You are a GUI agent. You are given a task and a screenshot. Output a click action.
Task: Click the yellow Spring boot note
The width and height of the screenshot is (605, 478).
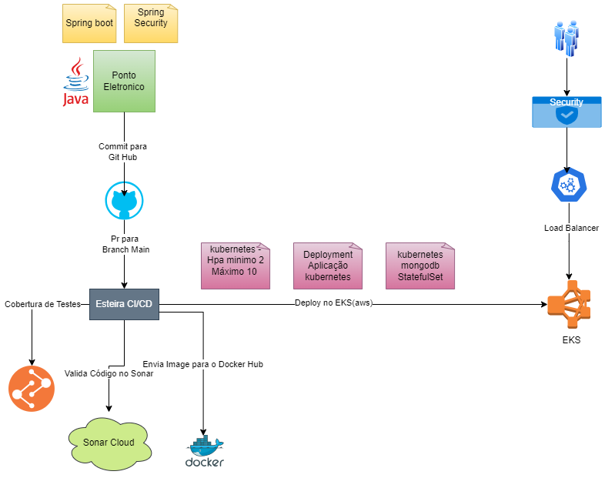[x=89, y=23]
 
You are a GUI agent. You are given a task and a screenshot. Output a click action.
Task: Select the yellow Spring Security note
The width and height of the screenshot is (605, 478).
[x=150, y=23]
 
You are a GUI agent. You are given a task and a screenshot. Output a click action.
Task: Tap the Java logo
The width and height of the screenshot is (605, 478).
[x=75, y=82]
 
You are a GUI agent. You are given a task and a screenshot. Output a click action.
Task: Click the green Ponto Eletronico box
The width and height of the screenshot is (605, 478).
[x=124, y=81]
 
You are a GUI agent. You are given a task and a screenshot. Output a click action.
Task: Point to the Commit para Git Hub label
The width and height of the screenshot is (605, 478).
[x=122, y=152]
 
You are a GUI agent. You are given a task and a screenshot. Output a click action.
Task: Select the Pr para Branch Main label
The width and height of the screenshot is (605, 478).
[x=125, y=244]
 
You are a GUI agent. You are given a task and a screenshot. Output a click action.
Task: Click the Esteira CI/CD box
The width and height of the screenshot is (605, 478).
[x=124, y=304]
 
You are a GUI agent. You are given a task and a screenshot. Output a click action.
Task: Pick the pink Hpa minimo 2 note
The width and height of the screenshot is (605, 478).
[x=236, y=266]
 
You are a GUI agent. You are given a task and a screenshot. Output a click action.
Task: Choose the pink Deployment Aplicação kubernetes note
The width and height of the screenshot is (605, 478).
[x=328, y=266]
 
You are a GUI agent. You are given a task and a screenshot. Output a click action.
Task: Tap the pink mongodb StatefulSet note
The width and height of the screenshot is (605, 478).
[x=419, y=266]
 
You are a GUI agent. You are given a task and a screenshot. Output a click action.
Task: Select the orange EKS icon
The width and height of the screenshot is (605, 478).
[x=569, y=304]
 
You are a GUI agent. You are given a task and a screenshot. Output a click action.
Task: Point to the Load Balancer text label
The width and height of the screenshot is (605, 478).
[x=570, y=229]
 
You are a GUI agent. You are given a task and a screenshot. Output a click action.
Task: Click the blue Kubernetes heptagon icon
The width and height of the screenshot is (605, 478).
[x=569, y=186]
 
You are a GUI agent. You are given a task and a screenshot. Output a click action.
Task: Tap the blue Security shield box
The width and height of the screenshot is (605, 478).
[x=567, y=112]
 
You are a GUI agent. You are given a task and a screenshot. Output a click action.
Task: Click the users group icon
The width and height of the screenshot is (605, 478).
[x=567, y=38]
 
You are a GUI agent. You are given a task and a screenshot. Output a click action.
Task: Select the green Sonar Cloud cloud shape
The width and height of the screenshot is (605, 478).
[x=109, y=443]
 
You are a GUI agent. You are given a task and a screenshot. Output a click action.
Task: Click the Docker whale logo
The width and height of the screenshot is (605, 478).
[x=205, y=452]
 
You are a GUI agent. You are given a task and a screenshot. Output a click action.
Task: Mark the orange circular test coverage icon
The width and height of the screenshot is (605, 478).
[x=32, y=389]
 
